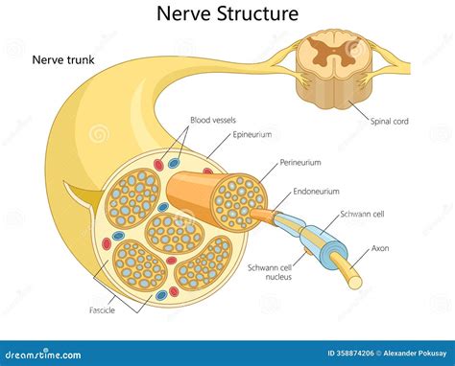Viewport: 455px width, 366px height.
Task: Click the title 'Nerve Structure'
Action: (227, 13)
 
